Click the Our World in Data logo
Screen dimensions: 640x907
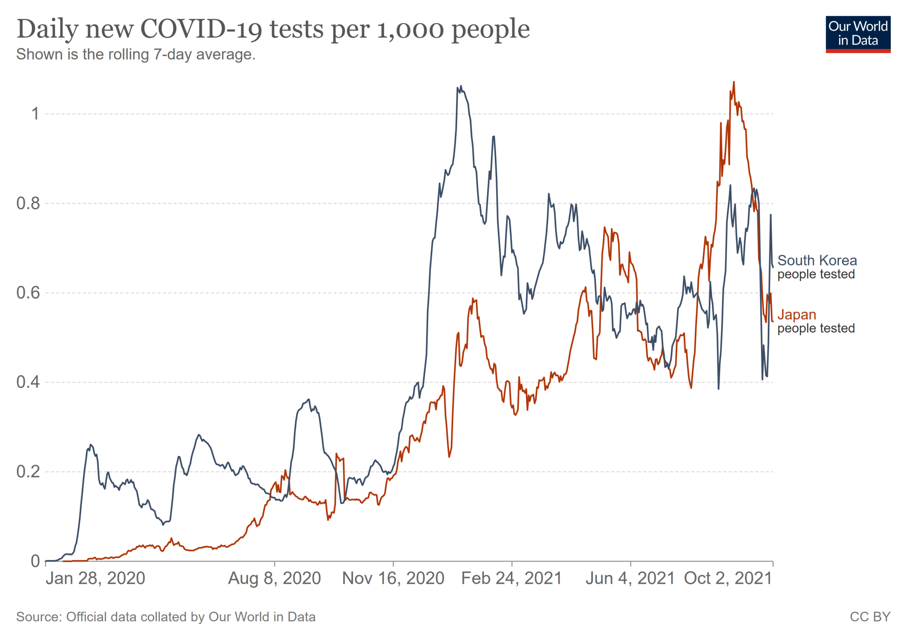858,34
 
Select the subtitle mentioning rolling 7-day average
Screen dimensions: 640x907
136,54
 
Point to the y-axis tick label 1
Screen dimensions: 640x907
35,113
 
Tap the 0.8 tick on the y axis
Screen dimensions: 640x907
28,204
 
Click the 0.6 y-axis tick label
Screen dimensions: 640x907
28,293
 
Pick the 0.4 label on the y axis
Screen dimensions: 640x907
28,382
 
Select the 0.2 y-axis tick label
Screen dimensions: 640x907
28,472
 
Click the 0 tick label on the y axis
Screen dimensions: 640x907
35,561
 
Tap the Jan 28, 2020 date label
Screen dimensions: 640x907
95,578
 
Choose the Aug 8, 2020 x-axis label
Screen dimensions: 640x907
274,578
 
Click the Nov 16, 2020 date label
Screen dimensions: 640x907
393,578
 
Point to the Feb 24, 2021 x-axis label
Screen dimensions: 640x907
512,578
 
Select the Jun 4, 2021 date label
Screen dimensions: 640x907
630,578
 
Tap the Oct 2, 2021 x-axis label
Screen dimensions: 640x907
728,578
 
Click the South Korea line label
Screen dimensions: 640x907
817,261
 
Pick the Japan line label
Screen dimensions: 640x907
797,315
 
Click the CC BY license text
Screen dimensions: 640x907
870,617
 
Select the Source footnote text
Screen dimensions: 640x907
166,617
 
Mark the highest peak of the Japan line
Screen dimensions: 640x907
734,82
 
